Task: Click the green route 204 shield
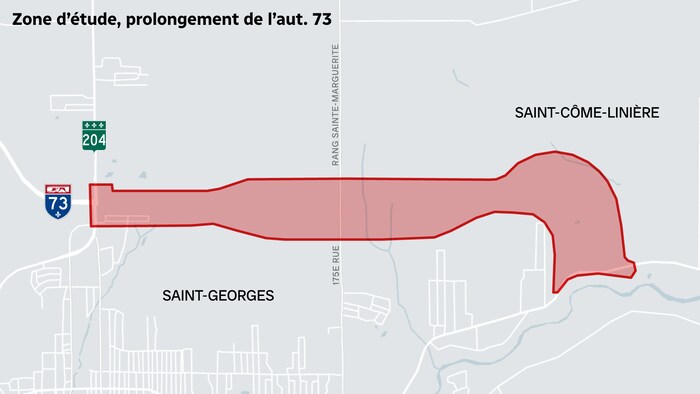94,136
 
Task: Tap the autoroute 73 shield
58,201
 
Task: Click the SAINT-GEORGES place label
218,295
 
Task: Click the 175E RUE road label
337,268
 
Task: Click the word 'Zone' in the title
34,17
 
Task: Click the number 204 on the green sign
94,140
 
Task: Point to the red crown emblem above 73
58,188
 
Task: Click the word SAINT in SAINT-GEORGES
184,295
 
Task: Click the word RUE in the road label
337,255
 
